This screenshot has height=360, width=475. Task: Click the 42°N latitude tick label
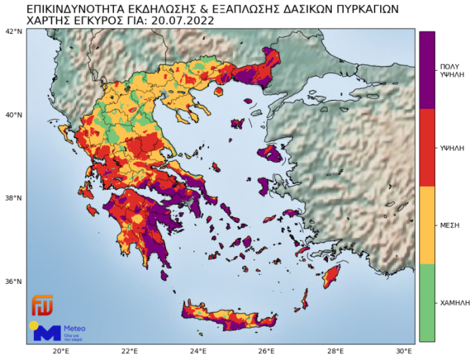(14, 31)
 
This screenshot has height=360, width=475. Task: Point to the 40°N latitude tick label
(14, 115)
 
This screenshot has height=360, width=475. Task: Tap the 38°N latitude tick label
(14, 198)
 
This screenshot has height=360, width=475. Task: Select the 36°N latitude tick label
(14, 282)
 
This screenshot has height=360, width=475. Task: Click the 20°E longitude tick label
(60, 351)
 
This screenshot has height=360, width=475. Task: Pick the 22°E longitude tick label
(130, 351)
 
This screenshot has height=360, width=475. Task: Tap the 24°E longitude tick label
(198, 351)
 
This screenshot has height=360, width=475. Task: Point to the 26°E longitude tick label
(267, 351)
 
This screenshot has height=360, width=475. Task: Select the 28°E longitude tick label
(335, 351)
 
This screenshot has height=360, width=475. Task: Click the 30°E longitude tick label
(404, 351)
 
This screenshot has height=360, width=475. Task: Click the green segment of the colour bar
(427, 302)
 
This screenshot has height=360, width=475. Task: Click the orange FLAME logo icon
(41, 306)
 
